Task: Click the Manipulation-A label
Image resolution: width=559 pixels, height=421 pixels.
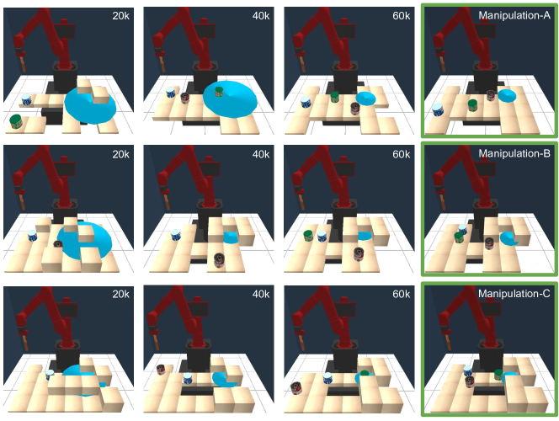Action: pyautogui.click(x=514, y=15)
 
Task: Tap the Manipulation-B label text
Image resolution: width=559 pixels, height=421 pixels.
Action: pyautogui.click(x=514, y=153)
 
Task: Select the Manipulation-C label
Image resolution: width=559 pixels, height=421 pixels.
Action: pyautogui.click(x=514, y=293)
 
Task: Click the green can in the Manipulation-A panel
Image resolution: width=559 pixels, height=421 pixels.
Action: pyautogui.click(x=472, y=105)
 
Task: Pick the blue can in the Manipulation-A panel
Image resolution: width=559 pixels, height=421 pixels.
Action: pyautogui.click(x=438, y=109)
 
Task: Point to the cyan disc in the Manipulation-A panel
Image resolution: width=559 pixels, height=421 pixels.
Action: pyautogui.click(x=507, y=95)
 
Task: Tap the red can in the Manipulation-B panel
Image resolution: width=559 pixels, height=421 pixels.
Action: pyautogui.click(x=489, y=243)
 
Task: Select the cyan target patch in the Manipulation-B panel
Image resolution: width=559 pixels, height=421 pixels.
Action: pyautogui.click(x=508, y=238)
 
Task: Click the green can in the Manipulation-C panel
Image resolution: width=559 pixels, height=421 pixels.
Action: pyautogui.click(x=498, y=375)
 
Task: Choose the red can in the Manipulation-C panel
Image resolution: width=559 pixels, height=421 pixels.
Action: pyautogui.click(x=470, y=381)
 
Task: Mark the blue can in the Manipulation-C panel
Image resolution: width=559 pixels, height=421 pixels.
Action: pyautogui.click(x=468, y=371)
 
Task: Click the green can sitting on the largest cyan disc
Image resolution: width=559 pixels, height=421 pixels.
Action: pyautogui.click(x=219, y=92)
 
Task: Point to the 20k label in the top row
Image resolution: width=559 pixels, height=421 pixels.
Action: pyautogui.click(x=121, y=16)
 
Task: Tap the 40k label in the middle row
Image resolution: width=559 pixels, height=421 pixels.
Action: pyautogui.click(x=261, y=154)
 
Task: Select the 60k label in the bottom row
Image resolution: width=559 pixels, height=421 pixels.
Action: pyautogui.click(x=401, y=294)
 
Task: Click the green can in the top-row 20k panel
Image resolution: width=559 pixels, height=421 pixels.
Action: pyautogui.click(x=16, y=121)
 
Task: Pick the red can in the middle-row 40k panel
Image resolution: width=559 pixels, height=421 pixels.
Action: pyautogui.click(x=219, y=260)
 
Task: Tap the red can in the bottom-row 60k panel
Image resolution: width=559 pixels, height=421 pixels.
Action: pyautogui.click(x=296, y=388)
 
